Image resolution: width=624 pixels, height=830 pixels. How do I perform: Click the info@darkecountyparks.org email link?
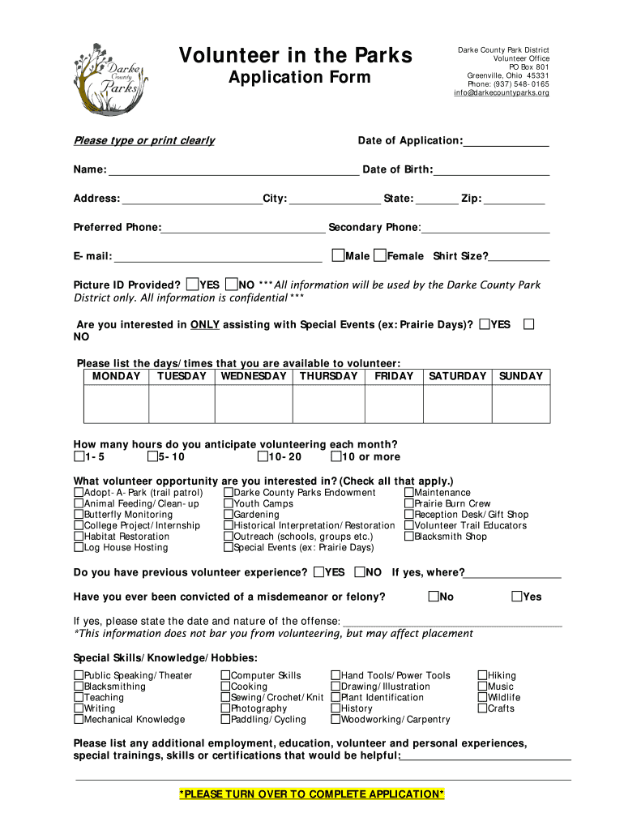(x=501, y=93)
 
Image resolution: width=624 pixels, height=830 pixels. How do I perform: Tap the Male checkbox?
(x=338, y=256)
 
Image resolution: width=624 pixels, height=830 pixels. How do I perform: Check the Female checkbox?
(x=380, y=256)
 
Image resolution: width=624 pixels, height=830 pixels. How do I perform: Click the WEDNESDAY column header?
(x=254, y=376)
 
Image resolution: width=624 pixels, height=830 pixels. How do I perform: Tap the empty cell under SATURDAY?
(x=457, y=404)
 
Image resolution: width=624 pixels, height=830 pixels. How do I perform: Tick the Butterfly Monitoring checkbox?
(x=79, y=515)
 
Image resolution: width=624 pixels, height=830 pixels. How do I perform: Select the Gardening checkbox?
(x=229, y=515)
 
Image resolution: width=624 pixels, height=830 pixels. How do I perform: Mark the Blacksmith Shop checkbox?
(x=409, y=537)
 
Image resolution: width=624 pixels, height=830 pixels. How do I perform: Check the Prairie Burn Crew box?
(x=409, y=503)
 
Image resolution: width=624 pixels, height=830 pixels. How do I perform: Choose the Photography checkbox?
(x=225, y=708)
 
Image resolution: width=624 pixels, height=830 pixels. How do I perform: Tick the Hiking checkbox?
(x=482, y=675)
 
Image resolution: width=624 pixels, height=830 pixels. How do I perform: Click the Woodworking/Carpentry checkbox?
(x=336, y=719)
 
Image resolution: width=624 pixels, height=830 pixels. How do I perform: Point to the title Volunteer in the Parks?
(x=295, y=56)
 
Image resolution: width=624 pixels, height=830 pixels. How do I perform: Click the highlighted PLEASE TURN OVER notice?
(x=312, y=794)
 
